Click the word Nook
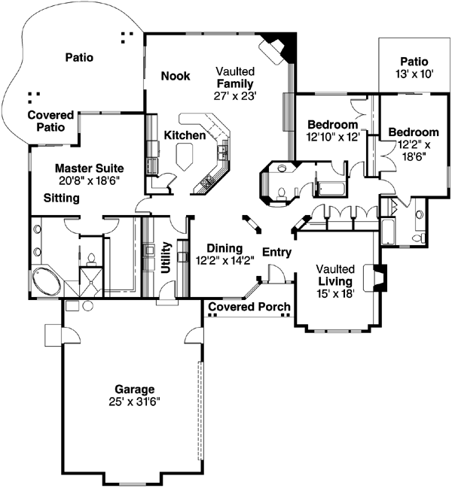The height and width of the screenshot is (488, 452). [x=176, y=76]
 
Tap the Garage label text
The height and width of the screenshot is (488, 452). [x=135, y=389]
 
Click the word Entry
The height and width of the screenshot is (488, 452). [x=276, y=252]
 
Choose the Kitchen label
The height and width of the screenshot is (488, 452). [x=185, y=135]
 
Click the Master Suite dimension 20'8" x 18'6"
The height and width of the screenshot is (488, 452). [x=89, y=181]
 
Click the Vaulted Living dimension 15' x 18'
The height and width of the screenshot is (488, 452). [x=336, y=293]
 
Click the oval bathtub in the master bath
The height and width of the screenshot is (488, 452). [x=48, y=282]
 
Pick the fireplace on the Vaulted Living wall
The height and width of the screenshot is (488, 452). [x=378, y=277]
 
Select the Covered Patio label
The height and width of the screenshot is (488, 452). [x=50, y=121]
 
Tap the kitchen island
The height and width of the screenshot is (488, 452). [x=184, y=155]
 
